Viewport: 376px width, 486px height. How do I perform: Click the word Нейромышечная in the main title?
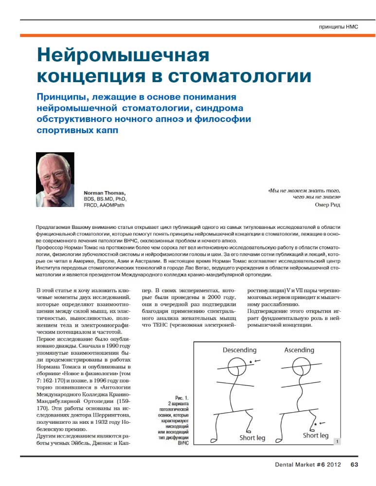click(123, 55)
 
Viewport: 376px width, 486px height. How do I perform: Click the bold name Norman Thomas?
click(104, 193)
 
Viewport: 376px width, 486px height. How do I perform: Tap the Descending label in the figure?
click(239, 350)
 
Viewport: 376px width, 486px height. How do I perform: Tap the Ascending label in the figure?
click(299, 350)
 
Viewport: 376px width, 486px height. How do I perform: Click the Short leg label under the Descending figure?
click(252, 438)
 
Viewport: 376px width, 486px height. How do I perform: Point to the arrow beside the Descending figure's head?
click(258, 360)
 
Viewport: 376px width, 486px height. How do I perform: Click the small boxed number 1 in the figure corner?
click(337, 442)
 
